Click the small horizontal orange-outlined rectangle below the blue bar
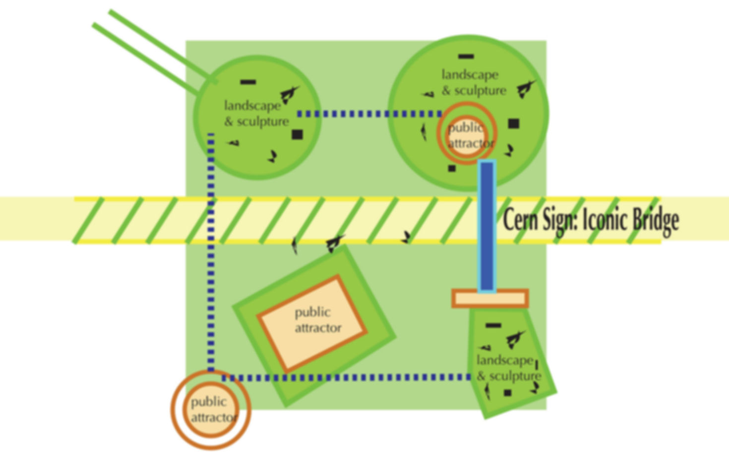point(490,298)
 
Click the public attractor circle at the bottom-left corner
point(211,409)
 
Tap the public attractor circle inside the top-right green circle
point(466,134)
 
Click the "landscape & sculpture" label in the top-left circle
point(256,114)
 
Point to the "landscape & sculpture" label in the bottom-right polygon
point(508,368)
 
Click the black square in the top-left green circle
point(297,134)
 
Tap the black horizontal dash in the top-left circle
point(248,82)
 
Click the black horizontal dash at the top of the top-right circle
point(466,57)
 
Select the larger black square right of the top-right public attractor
point(514,123)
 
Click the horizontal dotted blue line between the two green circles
point(369,114)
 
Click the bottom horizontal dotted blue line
point(347,378)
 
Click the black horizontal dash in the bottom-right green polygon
point(493,326)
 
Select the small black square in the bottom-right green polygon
point(507,393)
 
